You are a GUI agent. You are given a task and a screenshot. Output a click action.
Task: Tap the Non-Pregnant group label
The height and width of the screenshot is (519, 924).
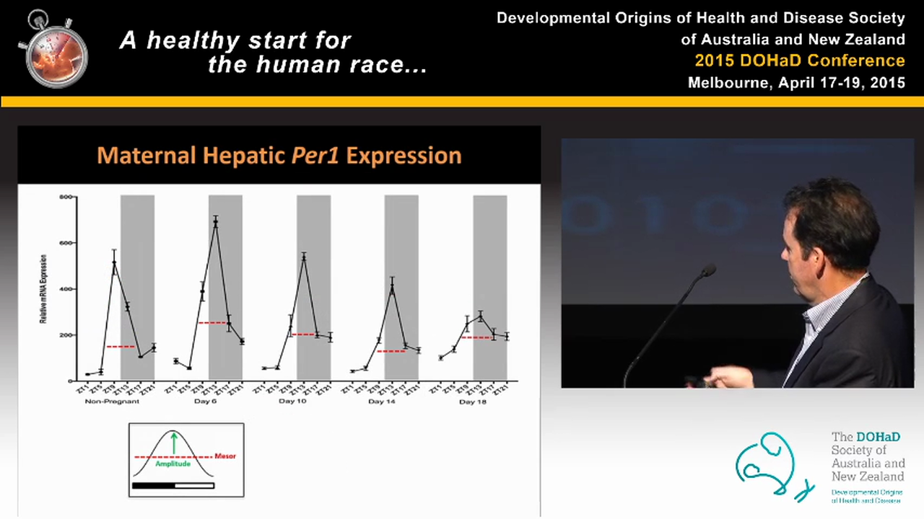click(112, 402)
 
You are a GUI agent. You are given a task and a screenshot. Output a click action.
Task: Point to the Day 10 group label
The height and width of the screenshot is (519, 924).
click(292, 402)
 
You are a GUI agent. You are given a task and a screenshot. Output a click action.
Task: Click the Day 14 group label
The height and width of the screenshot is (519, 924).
click(381, 402)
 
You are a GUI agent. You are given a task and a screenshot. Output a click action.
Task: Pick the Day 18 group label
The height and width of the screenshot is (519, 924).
click(472, 402)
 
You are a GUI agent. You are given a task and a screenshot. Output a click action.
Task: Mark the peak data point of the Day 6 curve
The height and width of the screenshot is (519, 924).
click(215, 222)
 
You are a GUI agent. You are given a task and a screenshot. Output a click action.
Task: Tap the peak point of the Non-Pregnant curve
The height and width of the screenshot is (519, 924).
click(114, 262)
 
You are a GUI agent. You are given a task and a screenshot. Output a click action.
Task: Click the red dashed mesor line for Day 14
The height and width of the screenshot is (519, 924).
click(391, 351)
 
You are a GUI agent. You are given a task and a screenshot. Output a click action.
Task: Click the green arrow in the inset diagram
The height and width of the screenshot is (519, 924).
click(173, 442)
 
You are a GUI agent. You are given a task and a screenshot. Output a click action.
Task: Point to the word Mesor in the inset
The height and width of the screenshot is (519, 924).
click(225, 456)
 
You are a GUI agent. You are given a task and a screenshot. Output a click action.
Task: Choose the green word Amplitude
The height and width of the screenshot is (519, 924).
click(173, 464)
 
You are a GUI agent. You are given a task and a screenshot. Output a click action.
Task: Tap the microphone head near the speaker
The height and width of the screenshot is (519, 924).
click(708, 270)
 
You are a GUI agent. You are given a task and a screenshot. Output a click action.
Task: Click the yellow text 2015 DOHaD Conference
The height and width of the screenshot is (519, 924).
click(799, 61)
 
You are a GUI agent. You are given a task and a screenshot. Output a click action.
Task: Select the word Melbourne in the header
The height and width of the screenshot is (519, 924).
click(728, 83)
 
